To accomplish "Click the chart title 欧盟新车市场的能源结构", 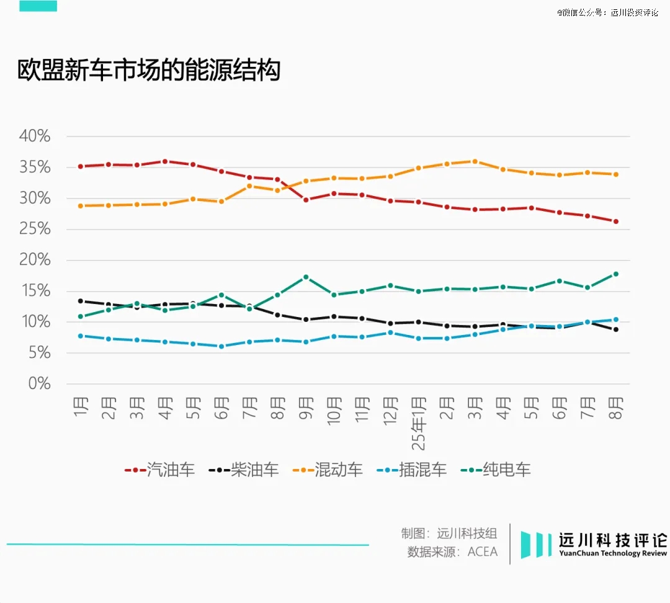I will [x=149, y=71].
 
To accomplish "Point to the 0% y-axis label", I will [x=39, y=384].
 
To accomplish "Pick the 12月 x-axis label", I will [x=390, y=411].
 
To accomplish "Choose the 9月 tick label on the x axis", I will [x=306, y=408].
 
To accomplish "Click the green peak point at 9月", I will [x=306, y=277].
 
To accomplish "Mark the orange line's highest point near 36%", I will [x=475, y=161].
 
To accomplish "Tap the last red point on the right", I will [x=616, y=221].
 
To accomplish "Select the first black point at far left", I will [x=81, y=301].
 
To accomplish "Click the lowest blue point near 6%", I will [x=221, y=346].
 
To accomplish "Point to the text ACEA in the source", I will [x=483, y=552].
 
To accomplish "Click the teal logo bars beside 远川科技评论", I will [x=536, y=544].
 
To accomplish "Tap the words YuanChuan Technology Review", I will [x=613, y=553].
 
